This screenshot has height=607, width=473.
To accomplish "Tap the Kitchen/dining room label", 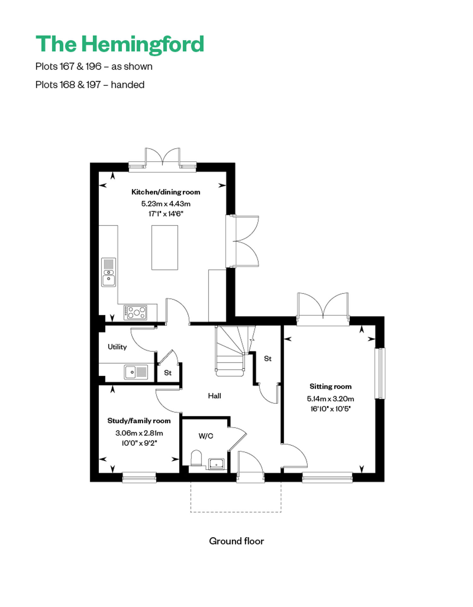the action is pyautogui.click(x=166, y=192).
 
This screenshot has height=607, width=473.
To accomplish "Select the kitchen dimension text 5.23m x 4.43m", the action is pyautogui.click(x=166, y=204).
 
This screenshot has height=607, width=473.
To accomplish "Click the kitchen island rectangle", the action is pyautogui.click(x=165, y=247).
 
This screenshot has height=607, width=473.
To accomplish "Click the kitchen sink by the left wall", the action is pyautogui.click(x=108, y=272).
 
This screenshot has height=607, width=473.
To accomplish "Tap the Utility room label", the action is pyautogui.click(x=117, y=347).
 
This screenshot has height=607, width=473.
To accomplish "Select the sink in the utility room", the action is pyautogui.click(x=136, y=372).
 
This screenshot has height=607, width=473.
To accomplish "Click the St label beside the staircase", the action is pyautogui.click(x=268, y=359).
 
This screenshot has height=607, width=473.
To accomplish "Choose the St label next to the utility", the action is pyautogui.click(x=168, y=373).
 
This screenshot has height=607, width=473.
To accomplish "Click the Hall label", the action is pyautogui.click(x=214, y=396).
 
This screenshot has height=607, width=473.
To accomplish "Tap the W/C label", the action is pyautogui.click(x=206, y=436).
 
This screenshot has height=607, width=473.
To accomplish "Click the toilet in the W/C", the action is pyautogui.click(x=196, y=458).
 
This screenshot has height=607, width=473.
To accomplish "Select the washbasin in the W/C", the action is pyautogui.click(x=216, y=464).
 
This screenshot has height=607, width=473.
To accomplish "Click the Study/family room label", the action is pyautogui.click(x=139, y=421).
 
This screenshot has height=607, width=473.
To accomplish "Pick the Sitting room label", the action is pyautogui.click(x=330, y=386).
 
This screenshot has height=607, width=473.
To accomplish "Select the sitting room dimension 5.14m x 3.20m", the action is pyautogui.click(x=330, y=399).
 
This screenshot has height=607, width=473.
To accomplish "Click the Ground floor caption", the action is pyautogui.click(x=237, y=541).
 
